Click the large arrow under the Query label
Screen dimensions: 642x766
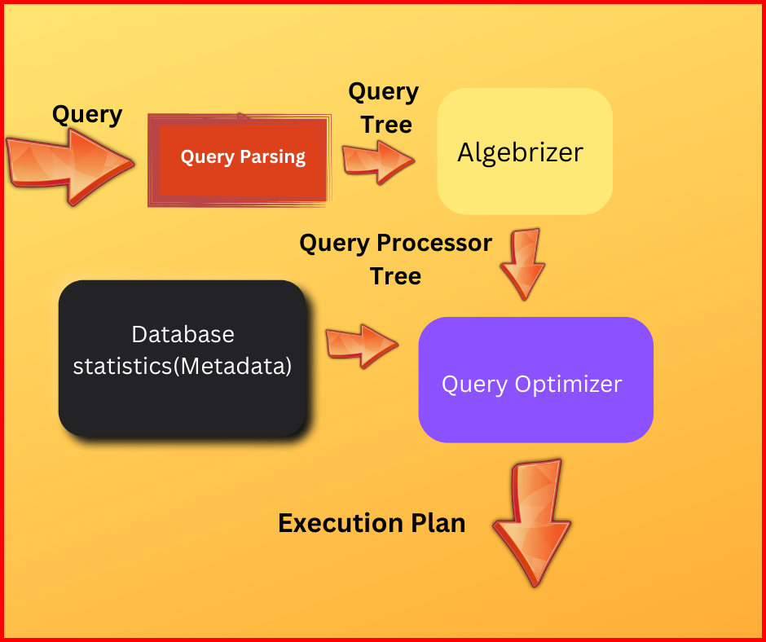70,165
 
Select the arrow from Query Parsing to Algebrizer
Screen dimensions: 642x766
376,160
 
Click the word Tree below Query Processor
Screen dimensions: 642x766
395,276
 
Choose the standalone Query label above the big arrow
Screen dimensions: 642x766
87,115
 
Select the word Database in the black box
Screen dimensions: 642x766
183,334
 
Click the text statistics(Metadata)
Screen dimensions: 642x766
183,366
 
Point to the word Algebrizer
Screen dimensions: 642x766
520,152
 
